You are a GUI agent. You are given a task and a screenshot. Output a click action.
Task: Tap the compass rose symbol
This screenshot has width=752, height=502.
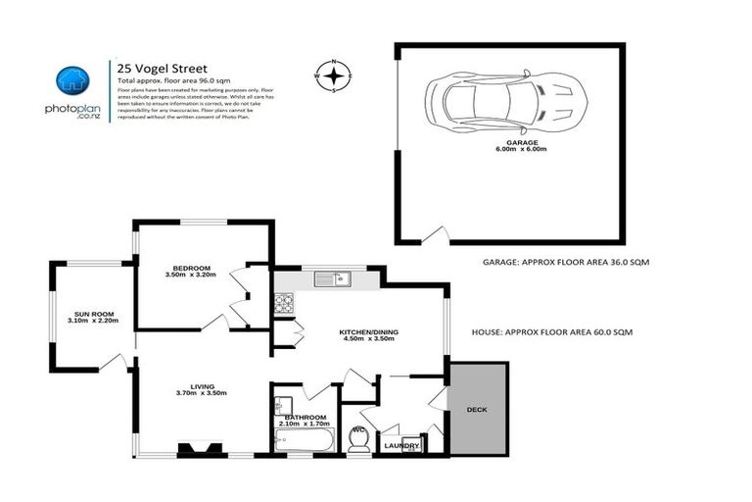pos(334,75)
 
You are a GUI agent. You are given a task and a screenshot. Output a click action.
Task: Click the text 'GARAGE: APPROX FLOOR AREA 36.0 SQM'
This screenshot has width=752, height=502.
pos(566,263)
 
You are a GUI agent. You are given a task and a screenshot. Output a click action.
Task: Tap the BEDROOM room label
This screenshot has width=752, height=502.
pos(192,271)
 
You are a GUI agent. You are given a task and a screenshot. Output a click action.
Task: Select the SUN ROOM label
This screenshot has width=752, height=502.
pos(92,317)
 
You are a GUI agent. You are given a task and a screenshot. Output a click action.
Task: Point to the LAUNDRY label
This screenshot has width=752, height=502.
pos(401,446)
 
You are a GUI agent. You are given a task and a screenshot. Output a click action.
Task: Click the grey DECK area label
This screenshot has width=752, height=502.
pos(477,409)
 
